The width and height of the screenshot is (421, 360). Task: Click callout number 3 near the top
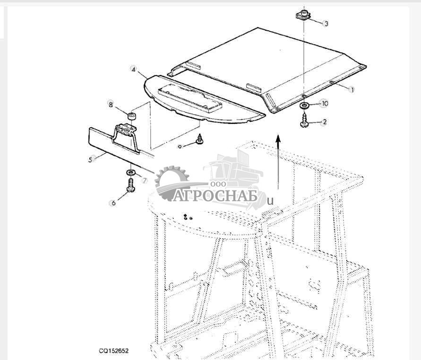pyautogui.click(x=326, y=24)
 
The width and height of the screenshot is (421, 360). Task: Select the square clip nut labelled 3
pyautogui.click(x=304, y=15)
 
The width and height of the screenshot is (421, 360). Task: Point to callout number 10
pyautogui.click(x=325, y=104)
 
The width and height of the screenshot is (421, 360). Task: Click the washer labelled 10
pyautogui.click(x=304, y=105)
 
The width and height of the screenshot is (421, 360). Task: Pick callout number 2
pyautogui.click(x=325, y=122)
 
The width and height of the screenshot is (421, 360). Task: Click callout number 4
pyautogui.click(x=133, y=69)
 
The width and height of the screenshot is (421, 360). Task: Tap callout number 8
pyautogui.click(x=111, y=105)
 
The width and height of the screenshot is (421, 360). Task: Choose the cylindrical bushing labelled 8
pyautogui.click(x=131, y=117)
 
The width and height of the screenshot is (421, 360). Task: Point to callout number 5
pyautogui.click(x=90, y=160)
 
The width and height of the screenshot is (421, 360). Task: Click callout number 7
pyautogui.click(x=145, y=181)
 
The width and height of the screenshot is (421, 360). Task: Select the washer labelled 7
pyautogui.click(x=131, y=172)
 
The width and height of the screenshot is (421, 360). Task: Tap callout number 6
pyautogui.click(x=113, y=203)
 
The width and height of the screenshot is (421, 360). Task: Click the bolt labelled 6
pyautogui.click(x=130, y=185)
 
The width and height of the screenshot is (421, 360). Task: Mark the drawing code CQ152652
pyautogui.click(x=114, y=351)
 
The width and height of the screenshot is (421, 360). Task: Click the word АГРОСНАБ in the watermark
pyautogui.click(x=215, y=195)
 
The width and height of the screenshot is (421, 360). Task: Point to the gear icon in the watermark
pyautogui.click(x=172, y=184)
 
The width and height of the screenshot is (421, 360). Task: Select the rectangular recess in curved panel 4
pyautogui.click(x=190, y=98)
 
